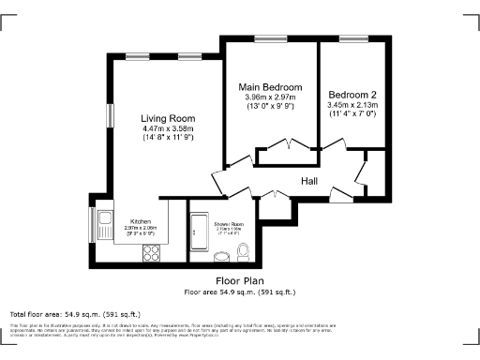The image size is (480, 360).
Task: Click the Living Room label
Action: click(x=168, y=118)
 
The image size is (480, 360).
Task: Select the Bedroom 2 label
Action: click(x=352, y=95)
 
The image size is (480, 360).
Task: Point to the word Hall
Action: click(x=311, y=181)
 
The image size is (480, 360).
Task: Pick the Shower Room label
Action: click(x=228, y=224)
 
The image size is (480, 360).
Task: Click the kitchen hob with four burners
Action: click(x=150, y=252)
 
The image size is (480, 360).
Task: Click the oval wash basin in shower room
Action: click(x=223, y=256)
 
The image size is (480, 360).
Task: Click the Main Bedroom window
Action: click(x=271, y=38)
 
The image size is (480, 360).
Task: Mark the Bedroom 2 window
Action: click(x=352, y=38)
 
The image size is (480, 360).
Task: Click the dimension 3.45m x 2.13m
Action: click(x=352, y=105)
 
